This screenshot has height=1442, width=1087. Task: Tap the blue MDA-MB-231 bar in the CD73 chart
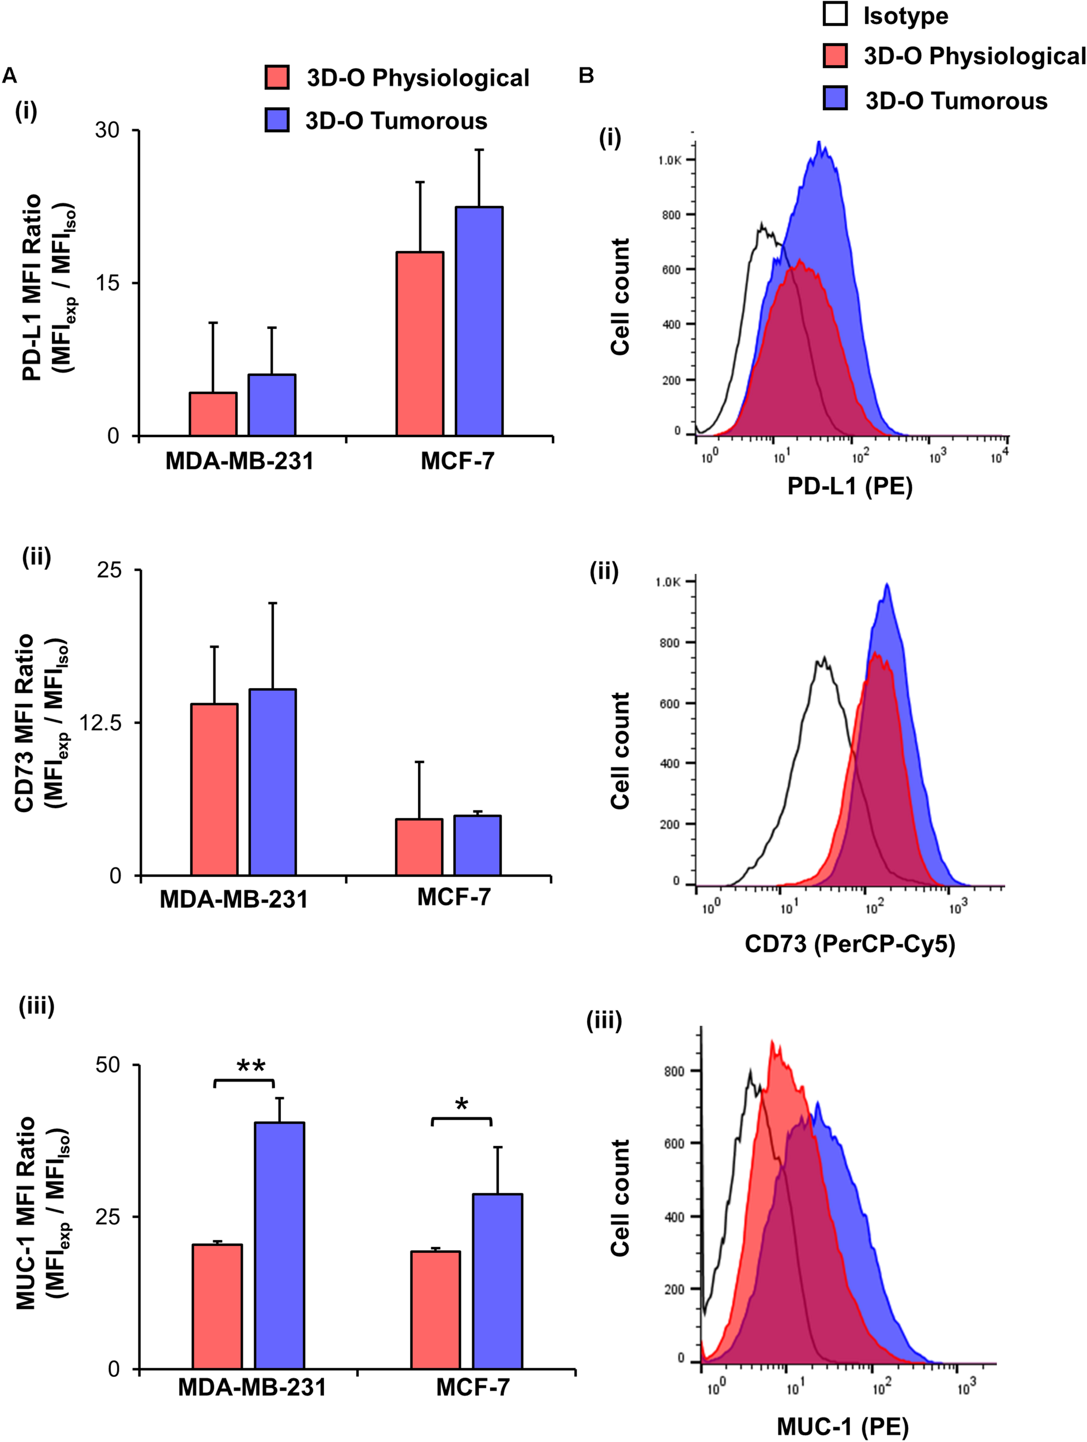click(272, 782)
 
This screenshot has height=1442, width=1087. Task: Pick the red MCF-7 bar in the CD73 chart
click(419, 847)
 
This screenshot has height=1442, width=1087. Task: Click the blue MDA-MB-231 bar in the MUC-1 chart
click(279, 1245)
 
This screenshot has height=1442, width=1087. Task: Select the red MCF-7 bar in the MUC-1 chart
click(435, 1310)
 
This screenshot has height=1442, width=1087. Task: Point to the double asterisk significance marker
click(251, 1067)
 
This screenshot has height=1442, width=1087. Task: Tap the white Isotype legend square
click(835, 14)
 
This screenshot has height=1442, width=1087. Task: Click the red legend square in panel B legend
click(835, 56)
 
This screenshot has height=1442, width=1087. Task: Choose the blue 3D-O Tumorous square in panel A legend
click(277, 120)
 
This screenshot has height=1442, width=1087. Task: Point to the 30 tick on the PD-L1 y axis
click(107, 130)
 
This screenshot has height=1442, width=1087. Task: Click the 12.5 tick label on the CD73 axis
click(100, 722)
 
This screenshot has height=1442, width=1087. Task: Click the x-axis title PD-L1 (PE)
click(850, 486)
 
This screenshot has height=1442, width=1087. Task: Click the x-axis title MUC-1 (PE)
click(842, 1426)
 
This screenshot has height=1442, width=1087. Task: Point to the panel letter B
click(586, 76)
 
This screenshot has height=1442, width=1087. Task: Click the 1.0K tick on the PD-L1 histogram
click(669, 160)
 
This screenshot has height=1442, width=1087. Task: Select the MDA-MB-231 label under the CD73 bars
click(234, 900)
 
